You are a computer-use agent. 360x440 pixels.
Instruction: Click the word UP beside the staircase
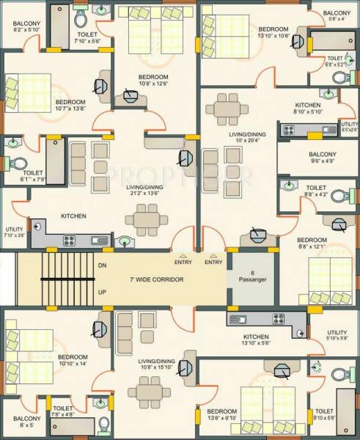pyautogui.click(x=101, y=291)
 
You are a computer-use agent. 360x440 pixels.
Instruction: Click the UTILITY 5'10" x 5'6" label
pyautogui.click(x=337, y=334)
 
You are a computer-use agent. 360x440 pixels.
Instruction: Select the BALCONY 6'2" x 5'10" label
pyautogui.click(x=26, y=26)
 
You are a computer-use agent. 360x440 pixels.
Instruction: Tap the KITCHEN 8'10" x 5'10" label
pyautogui.click(x=308, y=109)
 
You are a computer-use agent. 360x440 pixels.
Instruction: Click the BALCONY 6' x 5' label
pyautogui.click(x=26, y=423)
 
